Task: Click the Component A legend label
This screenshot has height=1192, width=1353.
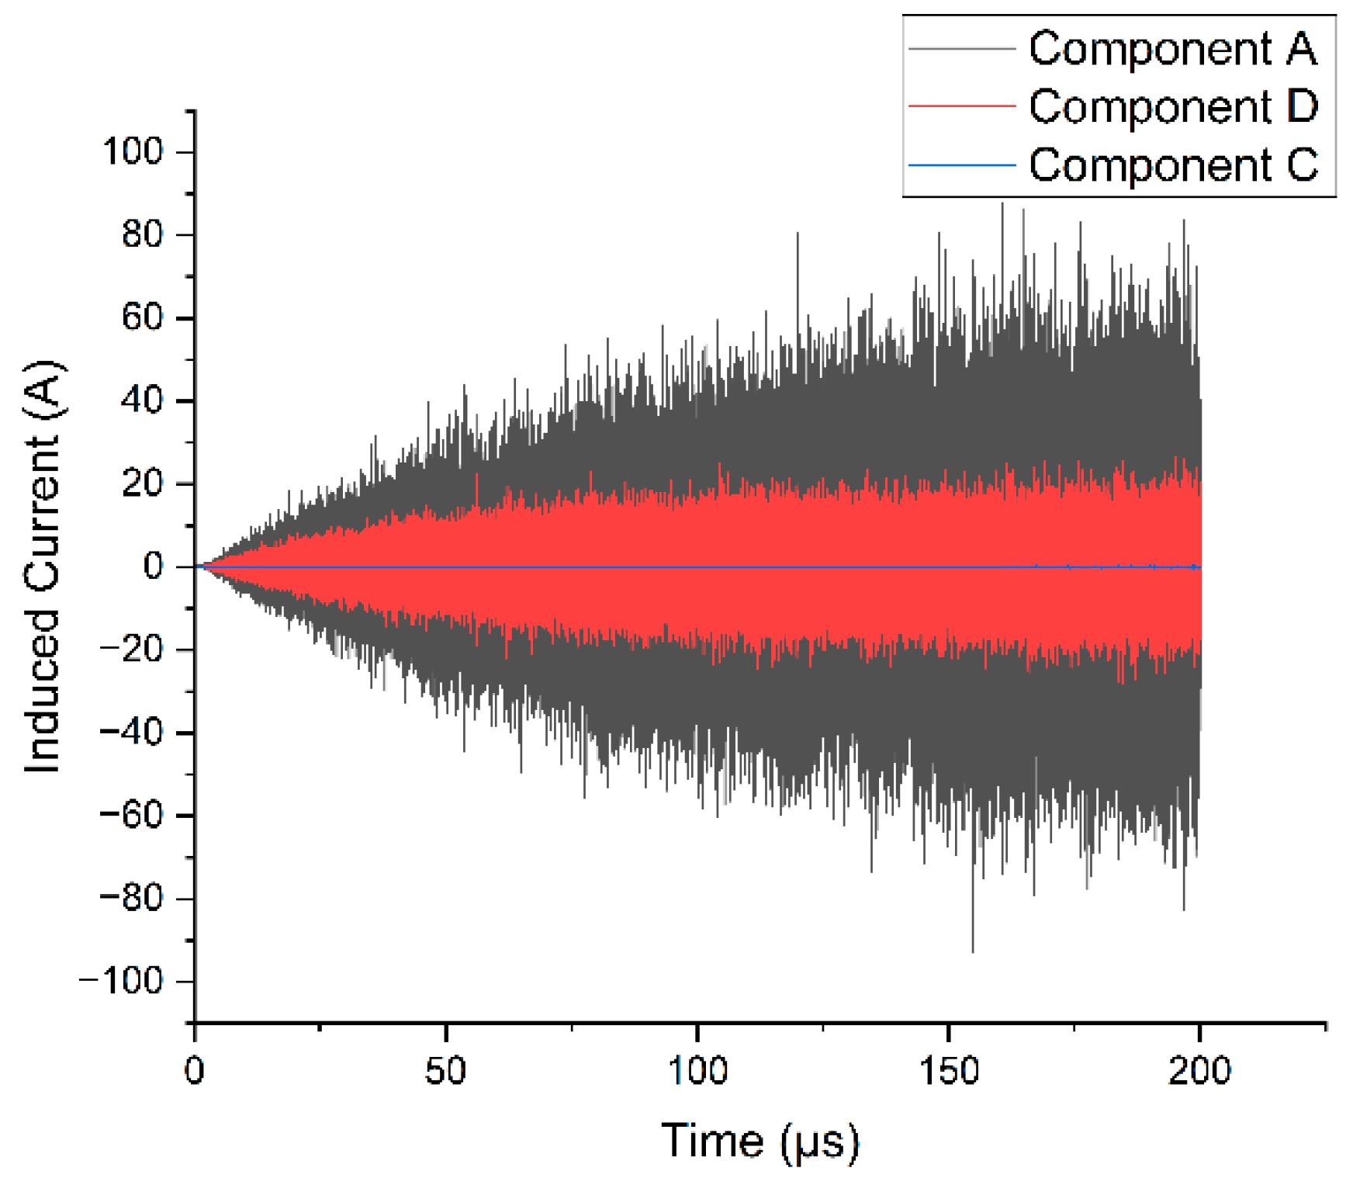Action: point(1172,49)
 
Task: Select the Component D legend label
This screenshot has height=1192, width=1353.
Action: point(1173,106)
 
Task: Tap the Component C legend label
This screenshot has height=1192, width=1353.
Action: point(1173,165)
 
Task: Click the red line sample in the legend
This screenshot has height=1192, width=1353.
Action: point(961,106)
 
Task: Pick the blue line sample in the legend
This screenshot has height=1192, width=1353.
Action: point(961,165)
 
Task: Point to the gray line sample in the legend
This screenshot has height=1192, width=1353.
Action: point(961,49)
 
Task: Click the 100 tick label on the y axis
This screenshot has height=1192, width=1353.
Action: point(133,151)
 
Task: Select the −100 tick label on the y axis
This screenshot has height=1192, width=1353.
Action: point(122,982)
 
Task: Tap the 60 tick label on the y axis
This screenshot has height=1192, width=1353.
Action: point(143,317)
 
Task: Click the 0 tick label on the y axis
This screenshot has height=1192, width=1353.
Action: point(154,567)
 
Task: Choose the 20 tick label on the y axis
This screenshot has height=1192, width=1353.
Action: point(143,483)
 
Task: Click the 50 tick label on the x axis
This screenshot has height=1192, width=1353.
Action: point(445,1072)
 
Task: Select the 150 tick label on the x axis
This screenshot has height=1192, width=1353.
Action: point(948,1072)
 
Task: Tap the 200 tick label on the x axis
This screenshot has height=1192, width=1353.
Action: point(1199,1072)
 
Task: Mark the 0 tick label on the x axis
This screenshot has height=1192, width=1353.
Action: point(195,1072)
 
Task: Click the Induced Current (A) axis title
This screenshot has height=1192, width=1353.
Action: point(43,567)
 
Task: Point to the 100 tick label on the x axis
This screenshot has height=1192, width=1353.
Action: point(697,1072)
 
